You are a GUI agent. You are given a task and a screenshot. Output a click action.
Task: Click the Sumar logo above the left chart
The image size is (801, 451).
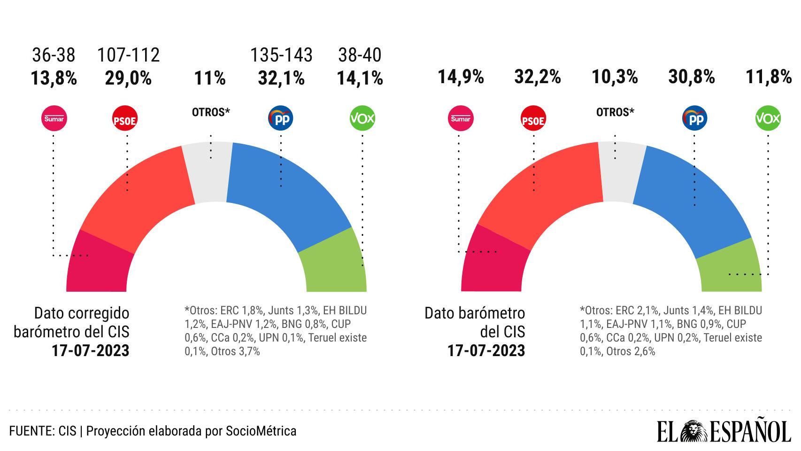pos(54,118)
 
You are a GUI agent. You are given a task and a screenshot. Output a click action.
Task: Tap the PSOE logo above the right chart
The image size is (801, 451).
pos(533,120)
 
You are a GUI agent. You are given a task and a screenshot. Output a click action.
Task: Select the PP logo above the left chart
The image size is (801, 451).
pos(280,119)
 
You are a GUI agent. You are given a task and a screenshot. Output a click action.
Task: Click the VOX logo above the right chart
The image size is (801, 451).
pos(768,118)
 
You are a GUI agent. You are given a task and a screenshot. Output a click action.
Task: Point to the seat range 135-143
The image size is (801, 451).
pos(281,55)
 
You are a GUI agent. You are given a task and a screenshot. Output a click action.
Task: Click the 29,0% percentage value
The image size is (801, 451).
pos(128,78)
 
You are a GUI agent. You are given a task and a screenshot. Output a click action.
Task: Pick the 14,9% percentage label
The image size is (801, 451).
pos(461,77)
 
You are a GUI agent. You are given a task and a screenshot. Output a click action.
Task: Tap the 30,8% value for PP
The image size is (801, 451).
pos(691,77)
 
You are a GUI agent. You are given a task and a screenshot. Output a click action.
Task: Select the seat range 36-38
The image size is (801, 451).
pos(54,55)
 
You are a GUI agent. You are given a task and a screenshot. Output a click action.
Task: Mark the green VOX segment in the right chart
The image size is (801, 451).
pos(730,268)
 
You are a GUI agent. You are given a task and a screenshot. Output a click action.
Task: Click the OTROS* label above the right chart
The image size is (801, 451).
pos(615,112)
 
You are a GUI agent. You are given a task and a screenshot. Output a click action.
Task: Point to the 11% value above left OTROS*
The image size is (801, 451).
pos(210,78)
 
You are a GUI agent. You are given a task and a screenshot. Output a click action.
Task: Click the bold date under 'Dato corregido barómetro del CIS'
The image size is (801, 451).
pos(91,351)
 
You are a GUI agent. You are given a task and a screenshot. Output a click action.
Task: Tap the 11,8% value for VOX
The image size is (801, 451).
pos(769,77)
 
